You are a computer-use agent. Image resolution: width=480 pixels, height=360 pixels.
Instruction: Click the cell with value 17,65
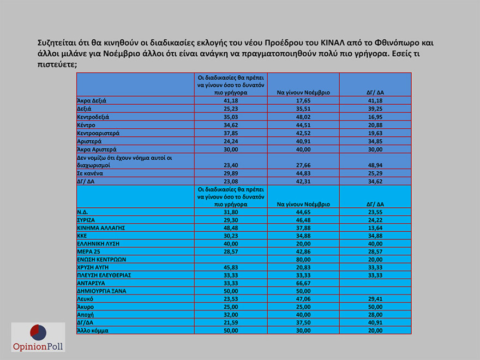(303, 100)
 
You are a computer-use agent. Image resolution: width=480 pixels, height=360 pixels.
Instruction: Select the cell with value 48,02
(303, 116)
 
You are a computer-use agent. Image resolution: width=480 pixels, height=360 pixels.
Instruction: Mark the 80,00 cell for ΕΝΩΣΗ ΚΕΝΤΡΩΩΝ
(303, 260)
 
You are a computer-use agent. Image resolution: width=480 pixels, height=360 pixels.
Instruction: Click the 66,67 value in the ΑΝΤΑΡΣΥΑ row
(303, 283)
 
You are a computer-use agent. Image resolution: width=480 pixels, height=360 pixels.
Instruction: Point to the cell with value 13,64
(374, 227)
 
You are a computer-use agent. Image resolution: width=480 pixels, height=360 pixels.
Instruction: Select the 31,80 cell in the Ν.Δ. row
(231, 212)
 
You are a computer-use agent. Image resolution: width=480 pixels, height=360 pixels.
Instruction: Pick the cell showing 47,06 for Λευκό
(303, 299)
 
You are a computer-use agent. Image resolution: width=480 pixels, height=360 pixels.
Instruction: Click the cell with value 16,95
(374, 116)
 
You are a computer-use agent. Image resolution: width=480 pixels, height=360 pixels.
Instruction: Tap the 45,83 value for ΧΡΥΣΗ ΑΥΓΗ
(231, 267)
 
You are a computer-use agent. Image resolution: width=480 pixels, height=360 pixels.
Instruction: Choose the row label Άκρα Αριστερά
(97, 148)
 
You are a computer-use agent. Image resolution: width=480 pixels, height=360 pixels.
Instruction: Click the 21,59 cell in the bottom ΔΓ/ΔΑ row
(231, 322)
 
